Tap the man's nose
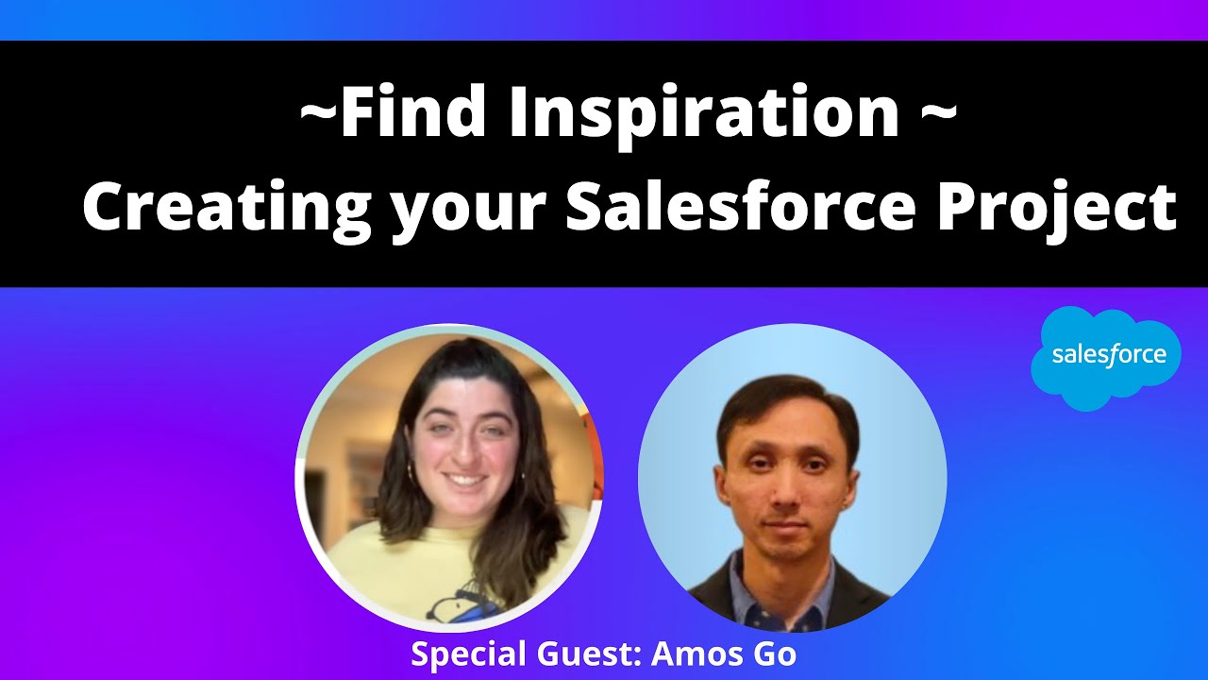pos(786,491)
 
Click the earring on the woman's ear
pos(412,469)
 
